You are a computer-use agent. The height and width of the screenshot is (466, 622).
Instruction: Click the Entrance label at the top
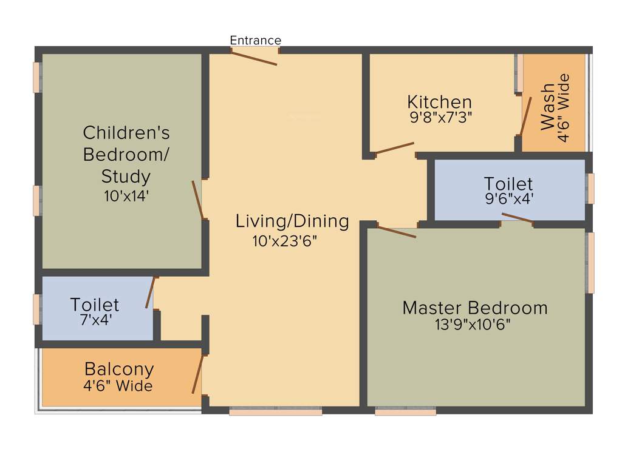click(x=255, y=41)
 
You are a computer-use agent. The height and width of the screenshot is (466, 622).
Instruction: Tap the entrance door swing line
click(x=255, y=58)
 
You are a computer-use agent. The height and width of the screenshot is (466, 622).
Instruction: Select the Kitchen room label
click(x=439, y=102)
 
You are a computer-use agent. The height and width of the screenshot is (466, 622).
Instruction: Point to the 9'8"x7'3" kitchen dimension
click(x=441, y=116)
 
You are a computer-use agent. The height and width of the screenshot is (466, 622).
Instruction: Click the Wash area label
click(x=547, y=107)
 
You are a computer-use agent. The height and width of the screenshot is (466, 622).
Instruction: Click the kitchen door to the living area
click(x=395, y=148)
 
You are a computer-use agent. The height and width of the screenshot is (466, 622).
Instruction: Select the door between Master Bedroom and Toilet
click(x=517, y=218)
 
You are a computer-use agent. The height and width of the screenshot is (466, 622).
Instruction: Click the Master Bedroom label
click(x=474, y=308)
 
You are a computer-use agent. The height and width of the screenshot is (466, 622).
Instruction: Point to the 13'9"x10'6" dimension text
click(x=472, y=325)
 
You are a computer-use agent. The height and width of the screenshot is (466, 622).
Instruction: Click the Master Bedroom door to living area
click(x=397, y=231)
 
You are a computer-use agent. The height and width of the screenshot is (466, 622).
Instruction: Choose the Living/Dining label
click(x=292, y=221)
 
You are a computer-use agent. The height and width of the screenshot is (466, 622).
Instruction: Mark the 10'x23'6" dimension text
click(x=285, y=241)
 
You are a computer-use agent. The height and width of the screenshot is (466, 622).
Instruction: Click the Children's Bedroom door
click(x=197, y=200)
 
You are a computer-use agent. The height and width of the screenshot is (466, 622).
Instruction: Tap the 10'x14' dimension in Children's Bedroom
click(x=126, y=196)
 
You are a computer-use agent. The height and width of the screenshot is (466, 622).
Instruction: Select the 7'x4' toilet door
click(x=151, y=292)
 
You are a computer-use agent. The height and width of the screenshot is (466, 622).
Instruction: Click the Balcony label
click(x=119, y=369)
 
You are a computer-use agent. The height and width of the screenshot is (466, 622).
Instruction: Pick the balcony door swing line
click(x=197, y=375)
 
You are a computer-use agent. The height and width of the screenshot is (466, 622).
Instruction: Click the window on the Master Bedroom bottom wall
click(x=405, y=411)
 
